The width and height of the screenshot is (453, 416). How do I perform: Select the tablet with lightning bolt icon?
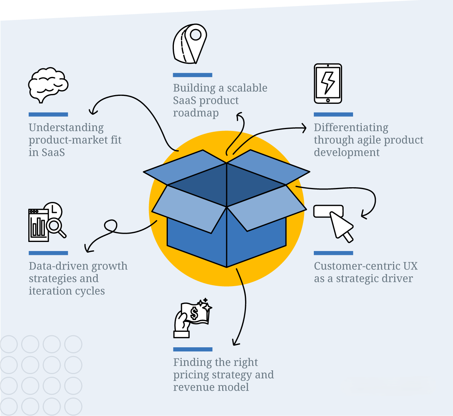328,83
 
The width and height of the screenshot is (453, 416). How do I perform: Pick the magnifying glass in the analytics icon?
55,226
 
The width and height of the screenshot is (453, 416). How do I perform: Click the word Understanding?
66,128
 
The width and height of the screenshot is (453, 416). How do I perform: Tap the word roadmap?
196,113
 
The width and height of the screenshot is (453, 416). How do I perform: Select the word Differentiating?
351,128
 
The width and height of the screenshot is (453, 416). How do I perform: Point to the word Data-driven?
58,266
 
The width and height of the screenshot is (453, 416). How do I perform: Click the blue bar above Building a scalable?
192,75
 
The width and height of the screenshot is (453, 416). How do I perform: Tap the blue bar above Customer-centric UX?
333,253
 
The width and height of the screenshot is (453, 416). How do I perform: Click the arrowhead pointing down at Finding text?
235,343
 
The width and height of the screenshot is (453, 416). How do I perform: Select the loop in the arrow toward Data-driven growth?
111,226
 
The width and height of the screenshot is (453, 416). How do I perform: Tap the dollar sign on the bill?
194,313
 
